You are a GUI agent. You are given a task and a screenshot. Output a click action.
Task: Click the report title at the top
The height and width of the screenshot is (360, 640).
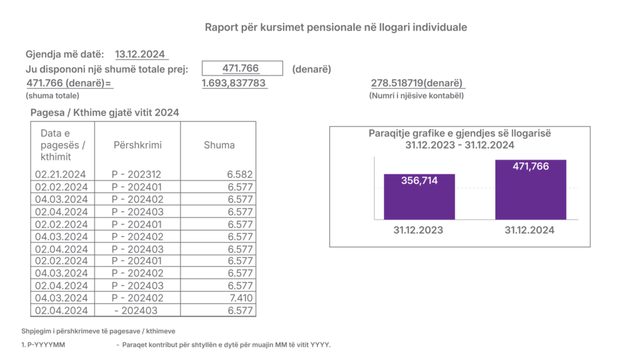click(336, 27)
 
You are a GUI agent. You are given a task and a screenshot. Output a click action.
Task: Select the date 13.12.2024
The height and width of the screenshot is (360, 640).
click(139, 54)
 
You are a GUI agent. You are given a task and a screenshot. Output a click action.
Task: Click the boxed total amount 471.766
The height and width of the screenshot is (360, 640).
click(241, 69)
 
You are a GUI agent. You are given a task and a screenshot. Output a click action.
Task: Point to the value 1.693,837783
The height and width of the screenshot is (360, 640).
click(234, 83)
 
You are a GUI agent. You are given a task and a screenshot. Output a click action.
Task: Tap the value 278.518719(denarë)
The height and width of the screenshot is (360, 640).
click(416, 83)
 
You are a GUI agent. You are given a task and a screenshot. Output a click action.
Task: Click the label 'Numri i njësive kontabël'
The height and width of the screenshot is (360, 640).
click(416, 96)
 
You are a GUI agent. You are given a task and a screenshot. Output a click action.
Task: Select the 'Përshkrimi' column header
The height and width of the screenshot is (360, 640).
click(137, 145)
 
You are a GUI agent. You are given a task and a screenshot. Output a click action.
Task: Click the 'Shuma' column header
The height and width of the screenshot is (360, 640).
click(219, 145)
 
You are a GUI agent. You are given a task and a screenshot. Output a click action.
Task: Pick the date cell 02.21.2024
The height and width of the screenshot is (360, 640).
click(61, 175)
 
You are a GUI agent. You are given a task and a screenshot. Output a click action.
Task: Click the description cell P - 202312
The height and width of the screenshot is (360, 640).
click(136, 175)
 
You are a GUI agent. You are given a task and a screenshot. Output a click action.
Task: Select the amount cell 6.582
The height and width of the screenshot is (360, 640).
click(240, 175)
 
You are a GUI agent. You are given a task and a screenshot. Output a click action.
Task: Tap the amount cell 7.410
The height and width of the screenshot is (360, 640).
click(240, 298)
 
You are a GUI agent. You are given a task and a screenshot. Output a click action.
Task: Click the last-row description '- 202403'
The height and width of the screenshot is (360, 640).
click(136, 311)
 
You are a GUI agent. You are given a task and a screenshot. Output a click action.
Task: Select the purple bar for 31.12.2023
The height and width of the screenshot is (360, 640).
click(419, 196)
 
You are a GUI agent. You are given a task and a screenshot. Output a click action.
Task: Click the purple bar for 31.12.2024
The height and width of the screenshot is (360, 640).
click(530, 190)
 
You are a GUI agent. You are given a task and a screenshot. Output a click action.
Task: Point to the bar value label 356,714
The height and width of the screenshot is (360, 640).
click(419, 181)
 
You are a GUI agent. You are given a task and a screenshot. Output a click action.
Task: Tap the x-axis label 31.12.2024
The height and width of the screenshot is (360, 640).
click(529, 231)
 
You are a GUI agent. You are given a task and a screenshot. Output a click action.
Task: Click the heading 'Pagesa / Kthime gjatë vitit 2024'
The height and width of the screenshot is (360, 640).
click(105, 112)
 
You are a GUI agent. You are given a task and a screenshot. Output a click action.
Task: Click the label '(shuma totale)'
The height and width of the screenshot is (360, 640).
click(52, 96)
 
